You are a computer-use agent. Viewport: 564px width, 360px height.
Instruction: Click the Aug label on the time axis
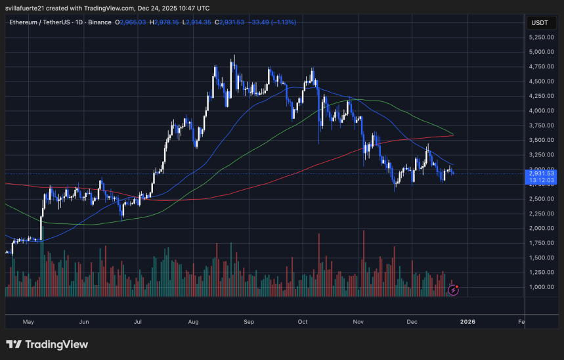[193, 322]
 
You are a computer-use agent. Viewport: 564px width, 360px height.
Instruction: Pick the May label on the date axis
[28, 322]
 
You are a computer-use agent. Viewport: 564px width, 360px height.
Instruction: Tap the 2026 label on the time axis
[467, 322]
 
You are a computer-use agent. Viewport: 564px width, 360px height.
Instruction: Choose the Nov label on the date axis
[358, 322]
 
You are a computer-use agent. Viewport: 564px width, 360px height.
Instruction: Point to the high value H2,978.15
[165, 22]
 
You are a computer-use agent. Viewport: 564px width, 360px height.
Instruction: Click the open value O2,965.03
[130, 22]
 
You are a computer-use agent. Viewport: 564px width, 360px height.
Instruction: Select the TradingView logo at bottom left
[47, 344]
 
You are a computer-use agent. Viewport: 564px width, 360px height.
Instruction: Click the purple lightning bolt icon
[453, 289]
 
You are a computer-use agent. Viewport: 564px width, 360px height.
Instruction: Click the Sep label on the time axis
[248, 322]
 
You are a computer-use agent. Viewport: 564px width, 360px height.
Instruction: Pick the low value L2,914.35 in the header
[199, 22]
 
